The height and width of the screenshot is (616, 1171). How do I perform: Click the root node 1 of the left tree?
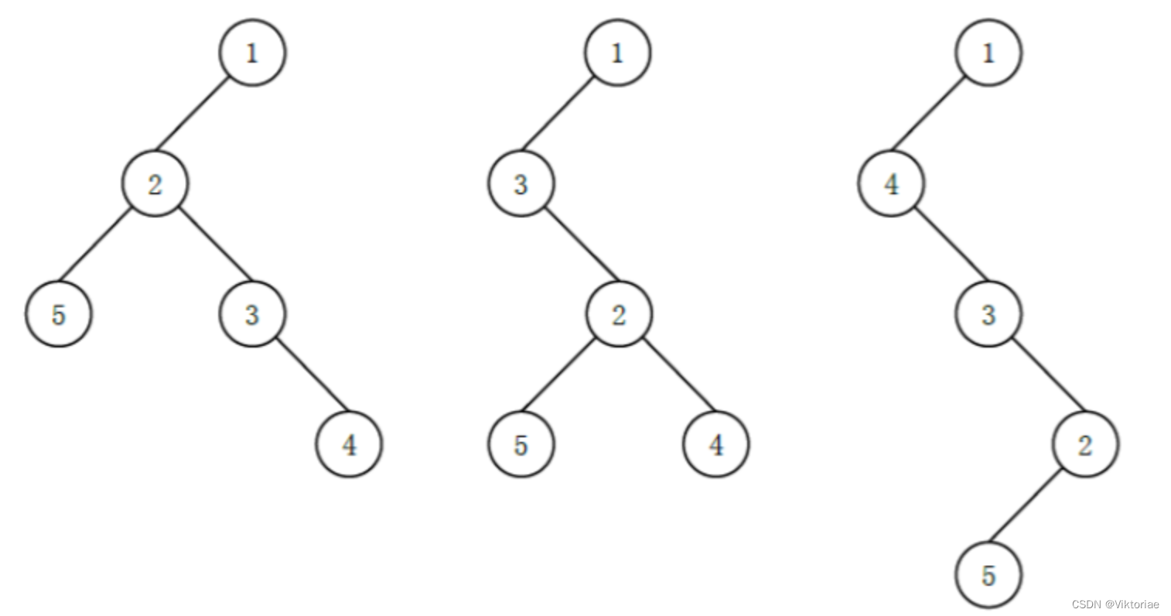coord(252,53)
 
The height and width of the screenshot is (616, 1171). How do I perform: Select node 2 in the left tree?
coord(155,184)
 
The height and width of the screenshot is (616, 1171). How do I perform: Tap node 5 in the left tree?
coord(59,314)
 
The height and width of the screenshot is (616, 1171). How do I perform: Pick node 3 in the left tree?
coord(252,314)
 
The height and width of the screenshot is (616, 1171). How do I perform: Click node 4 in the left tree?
coord(349,444)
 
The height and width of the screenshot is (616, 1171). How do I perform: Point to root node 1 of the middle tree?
coord(617,53)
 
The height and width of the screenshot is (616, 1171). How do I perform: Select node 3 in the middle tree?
coord(521,184)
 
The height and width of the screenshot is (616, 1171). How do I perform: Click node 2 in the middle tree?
coord(618,314)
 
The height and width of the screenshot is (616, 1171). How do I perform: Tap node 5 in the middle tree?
coord(521,444)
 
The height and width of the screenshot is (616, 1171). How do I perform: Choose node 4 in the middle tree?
coord(716,444)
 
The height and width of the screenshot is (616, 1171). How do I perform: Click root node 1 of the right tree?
coord(988,53)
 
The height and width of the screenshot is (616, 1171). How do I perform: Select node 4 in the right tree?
coord(891,184)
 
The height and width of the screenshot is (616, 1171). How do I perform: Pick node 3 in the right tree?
coord(988,314)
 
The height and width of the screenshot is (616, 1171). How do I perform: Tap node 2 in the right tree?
coord(1085,444)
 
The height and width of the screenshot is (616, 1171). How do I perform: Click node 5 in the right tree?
coord(988,575)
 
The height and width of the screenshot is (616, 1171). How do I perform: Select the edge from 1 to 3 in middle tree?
coord(559,114)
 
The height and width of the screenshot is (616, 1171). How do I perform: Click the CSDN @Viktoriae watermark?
coord(1115,604)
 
